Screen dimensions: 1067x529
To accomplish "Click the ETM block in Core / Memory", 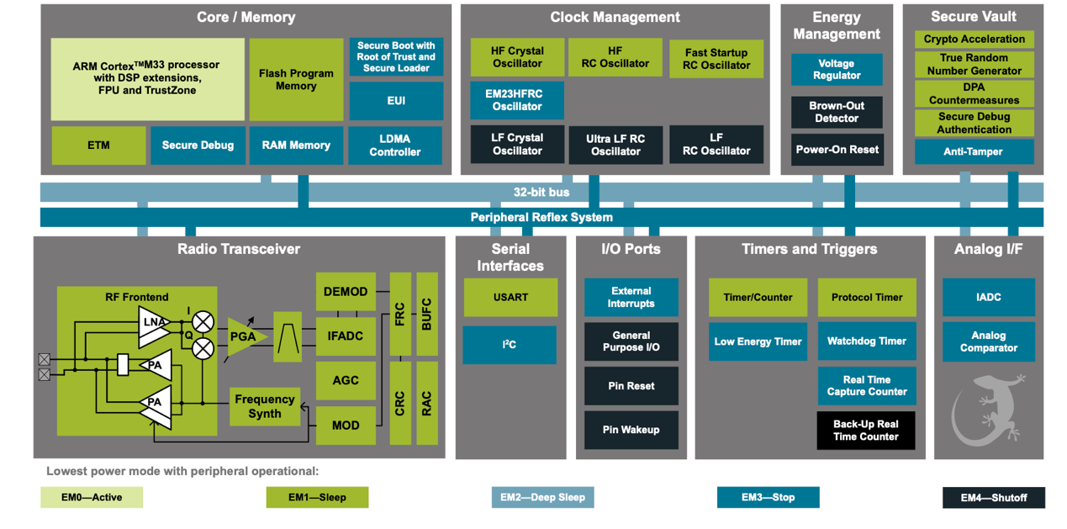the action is (98, 145).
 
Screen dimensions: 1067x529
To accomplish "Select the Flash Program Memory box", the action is (296, 80).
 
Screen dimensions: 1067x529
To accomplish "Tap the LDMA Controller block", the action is (395, 145).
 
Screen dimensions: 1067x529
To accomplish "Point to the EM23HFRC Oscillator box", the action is (517, 100).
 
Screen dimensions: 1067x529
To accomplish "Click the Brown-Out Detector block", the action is (837, 112).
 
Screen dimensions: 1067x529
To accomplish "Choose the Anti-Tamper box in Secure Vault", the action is (975, 151).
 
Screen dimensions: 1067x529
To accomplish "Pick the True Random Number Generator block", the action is (975, 64).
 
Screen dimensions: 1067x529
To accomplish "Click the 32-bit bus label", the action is (541, 192).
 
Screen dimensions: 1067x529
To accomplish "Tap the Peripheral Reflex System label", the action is (541, 217).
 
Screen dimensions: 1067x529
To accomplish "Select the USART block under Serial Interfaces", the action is (510, 298).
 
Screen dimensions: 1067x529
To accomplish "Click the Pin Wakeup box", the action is (631, 430).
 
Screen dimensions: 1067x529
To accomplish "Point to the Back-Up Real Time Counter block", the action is (866, 431).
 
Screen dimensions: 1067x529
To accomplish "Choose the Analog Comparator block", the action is (989, 341).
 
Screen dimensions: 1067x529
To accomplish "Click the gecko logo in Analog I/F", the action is (986, 410).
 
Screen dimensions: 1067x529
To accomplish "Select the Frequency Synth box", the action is (265, 406).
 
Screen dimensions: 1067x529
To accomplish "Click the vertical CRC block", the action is (400, 403).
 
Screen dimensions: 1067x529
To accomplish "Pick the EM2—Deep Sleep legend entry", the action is (542, 498).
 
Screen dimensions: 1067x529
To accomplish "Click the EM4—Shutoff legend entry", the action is (994, 498).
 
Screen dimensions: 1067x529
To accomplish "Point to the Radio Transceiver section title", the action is (239, 249).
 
